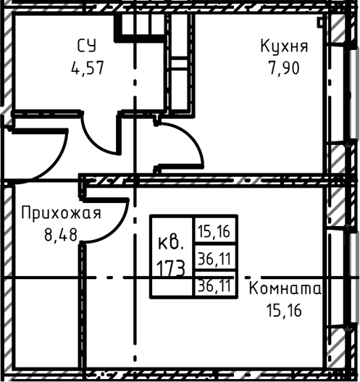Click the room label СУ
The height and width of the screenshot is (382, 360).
(86, 47)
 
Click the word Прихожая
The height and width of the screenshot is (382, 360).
(60, 213)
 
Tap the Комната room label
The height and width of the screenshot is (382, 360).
(285, 288)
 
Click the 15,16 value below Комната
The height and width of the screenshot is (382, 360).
(283, 312)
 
